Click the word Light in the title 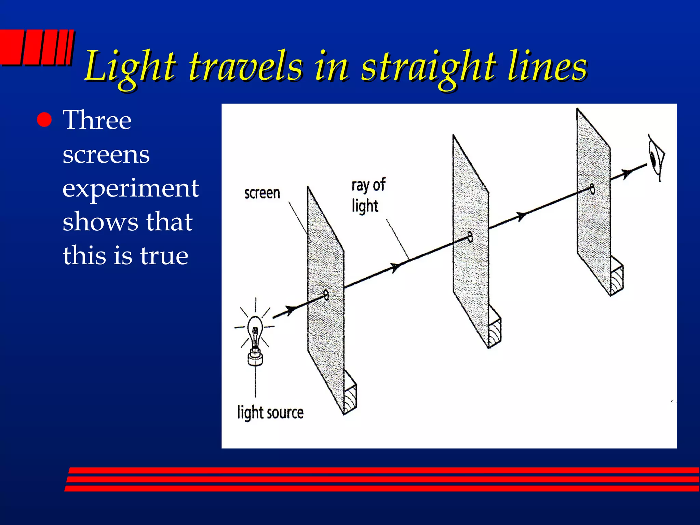pos(130,67)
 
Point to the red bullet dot pos(44,120)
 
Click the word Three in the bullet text pos(97,120)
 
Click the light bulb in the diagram pos(255,338)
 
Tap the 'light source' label pos(270,413)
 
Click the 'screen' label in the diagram pos(262,193)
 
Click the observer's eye pos(656,157)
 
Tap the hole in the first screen pos(326,295)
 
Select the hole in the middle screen pos(470,237)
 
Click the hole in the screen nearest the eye pos(592,189)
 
